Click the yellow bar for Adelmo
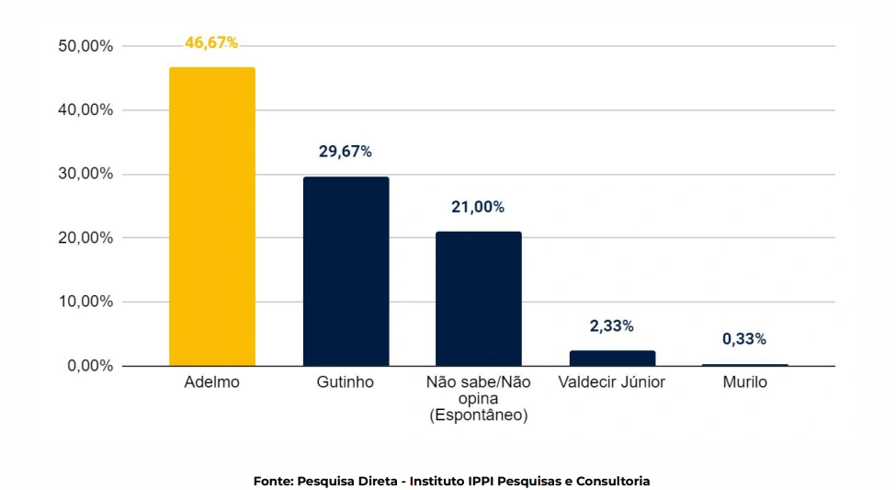[212, 216]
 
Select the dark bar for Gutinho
[346, 271]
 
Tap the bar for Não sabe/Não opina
[478, 299]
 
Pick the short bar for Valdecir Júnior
[612, 359]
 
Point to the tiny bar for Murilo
[744, 365]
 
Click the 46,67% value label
[211, 43]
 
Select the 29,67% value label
[346, 152]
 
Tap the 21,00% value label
[478, 207]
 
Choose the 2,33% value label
[611, 326]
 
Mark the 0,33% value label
[744, 339]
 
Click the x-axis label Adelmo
[212, 382]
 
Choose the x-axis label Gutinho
[346, 382]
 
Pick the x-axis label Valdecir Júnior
[612, 382]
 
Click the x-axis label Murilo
[744, 382]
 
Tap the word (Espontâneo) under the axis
[478, 416]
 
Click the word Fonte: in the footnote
[273, 481]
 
